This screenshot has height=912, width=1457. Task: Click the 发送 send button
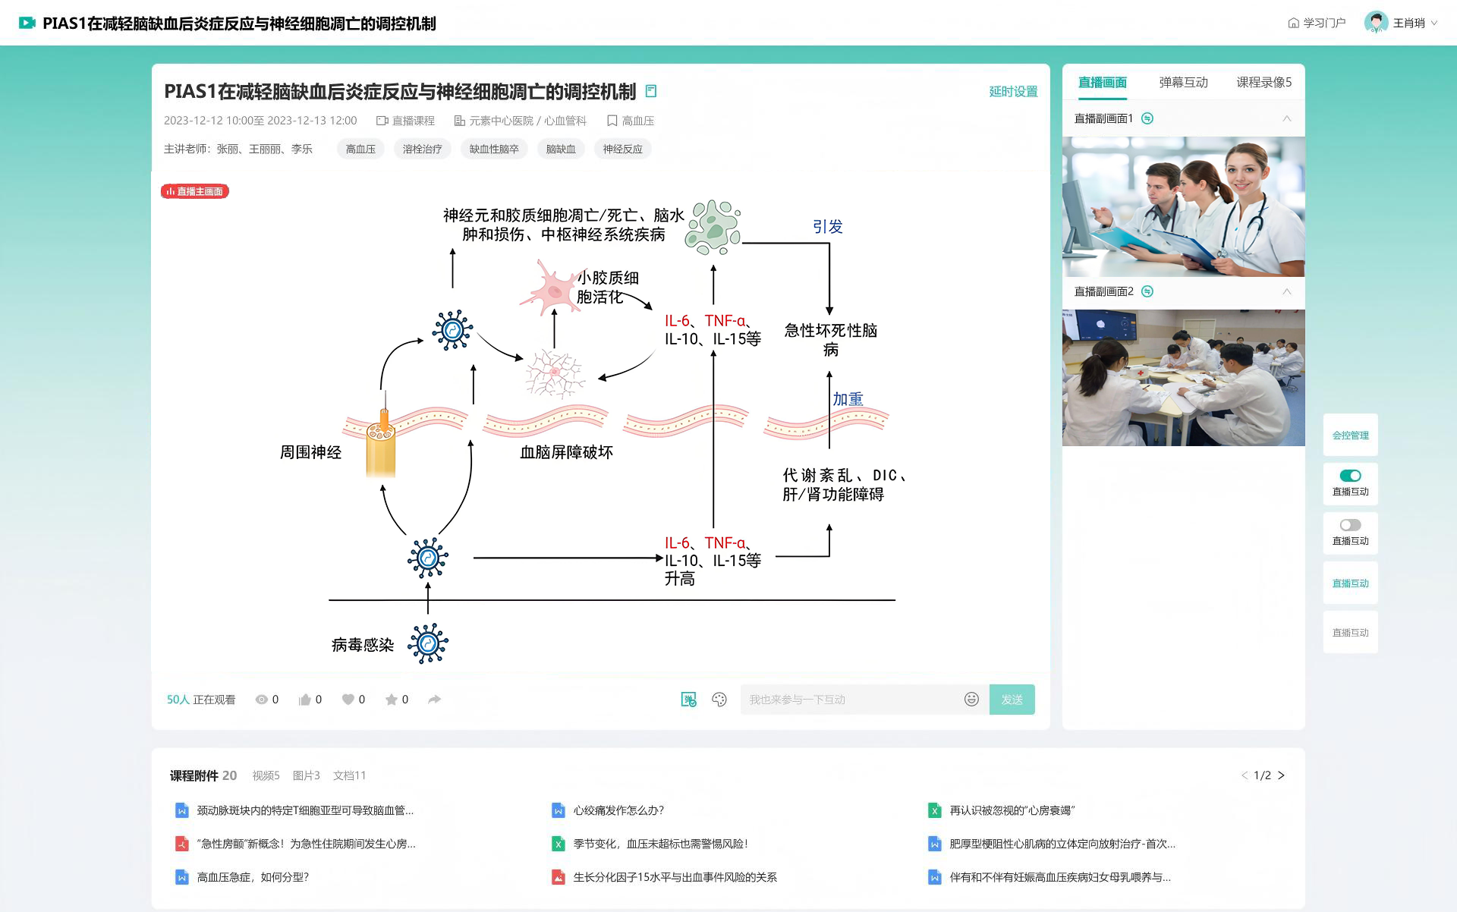pyautogui.click(x=1012, y=700)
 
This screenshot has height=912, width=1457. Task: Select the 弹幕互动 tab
pyautogui.click(x=1183, y=83)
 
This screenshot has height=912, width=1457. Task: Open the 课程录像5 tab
pyautogui.click(x=1263, y=83)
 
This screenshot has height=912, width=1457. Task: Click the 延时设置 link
pyautogui.click(x=1013, y=92)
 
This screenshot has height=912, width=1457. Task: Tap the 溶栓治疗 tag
pyautogui.click(x=422, y=149)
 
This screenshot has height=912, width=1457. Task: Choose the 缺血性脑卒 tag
pyautogui.click(x=494, y=149)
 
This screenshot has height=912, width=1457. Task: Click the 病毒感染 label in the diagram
pyautogui.click(x=363, y=645)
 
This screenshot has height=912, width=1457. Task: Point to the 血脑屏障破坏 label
pyautogui.click(x=566, y=452)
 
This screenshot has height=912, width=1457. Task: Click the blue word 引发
pyautogui.click(x=827, y=227)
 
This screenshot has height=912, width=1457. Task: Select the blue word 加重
pyautogui.click(x=848, y=399)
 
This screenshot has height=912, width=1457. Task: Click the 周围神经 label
pyautogui.click(x=310, y=452)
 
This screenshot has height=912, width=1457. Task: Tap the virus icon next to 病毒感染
pyautogui.click(x=428, y=644)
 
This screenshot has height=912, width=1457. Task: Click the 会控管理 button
pyautogui.click(x=1350, y=436)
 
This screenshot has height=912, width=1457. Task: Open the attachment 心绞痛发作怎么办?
pyautogui.click(x=618, y=810)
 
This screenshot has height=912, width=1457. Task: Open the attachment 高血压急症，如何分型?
pyautogui.click(x=253, y=877)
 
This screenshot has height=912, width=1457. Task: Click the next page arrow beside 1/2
pyautogui.click(x=1281, y=775)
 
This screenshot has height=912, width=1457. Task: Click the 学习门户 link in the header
pyautogui.click(x=1317, y=23)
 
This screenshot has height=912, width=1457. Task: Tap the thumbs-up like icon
pyautogui.click(x=305, y=700)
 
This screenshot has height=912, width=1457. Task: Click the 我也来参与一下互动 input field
pyautogui.click(x=850, y=700)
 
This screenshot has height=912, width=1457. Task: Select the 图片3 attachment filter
pyautogui.click(x=306, y=775)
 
